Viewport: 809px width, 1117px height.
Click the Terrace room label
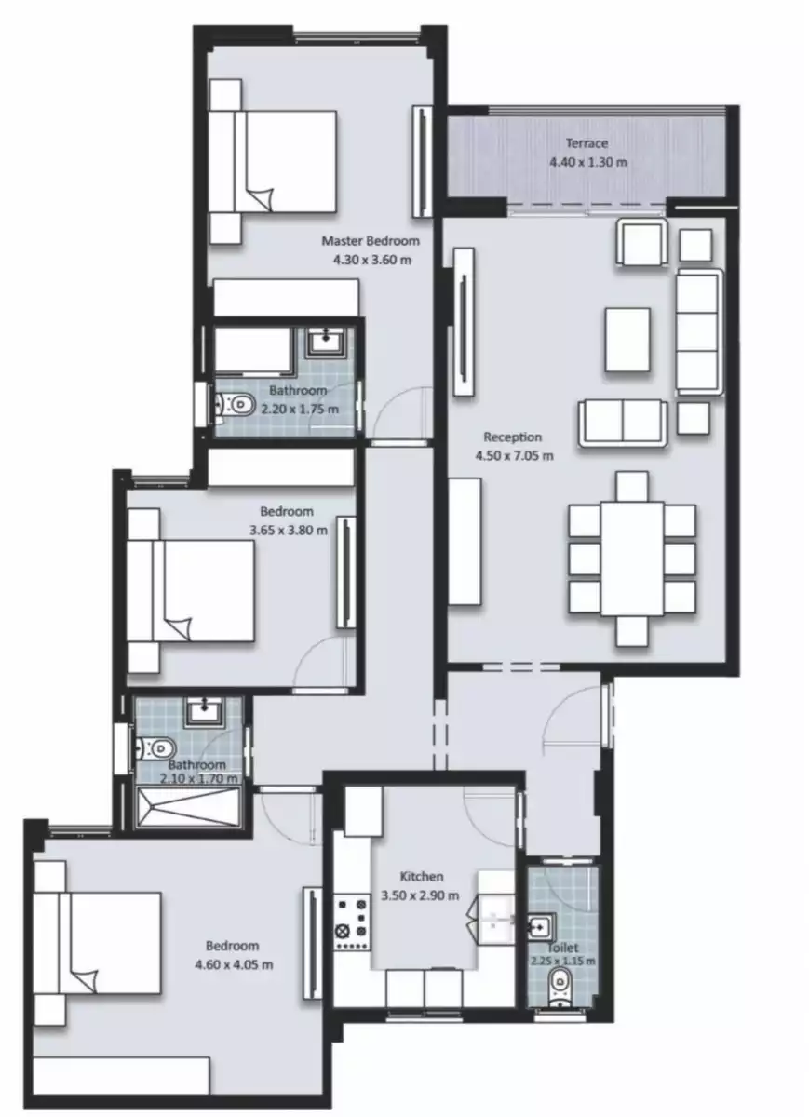pos(587,143)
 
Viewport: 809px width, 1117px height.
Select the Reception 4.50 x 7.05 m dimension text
pos(512,456)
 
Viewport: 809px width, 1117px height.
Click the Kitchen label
pos(421,877)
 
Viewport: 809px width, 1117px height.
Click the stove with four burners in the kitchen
pos(353,922)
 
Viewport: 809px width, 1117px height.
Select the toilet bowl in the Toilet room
pos(560,982)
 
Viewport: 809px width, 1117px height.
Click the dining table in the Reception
pos(632,558)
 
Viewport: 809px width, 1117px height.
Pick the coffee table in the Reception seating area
pos(628,339)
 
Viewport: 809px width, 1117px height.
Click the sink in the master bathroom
pos(326,342)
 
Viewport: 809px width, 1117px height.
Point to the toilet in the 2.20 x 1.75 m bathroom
pos(236,405)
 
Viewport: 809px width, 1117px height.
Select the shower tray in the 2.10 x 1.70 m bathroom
pos(191,807)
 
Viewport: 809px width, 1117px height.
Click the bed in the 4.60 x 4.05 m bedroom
pos(98,943)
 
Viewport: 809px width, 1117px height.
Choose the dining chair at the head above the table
pos(632,486)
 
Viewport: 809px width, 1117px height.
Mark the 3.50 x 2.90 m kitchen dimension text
pos(421,896)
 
